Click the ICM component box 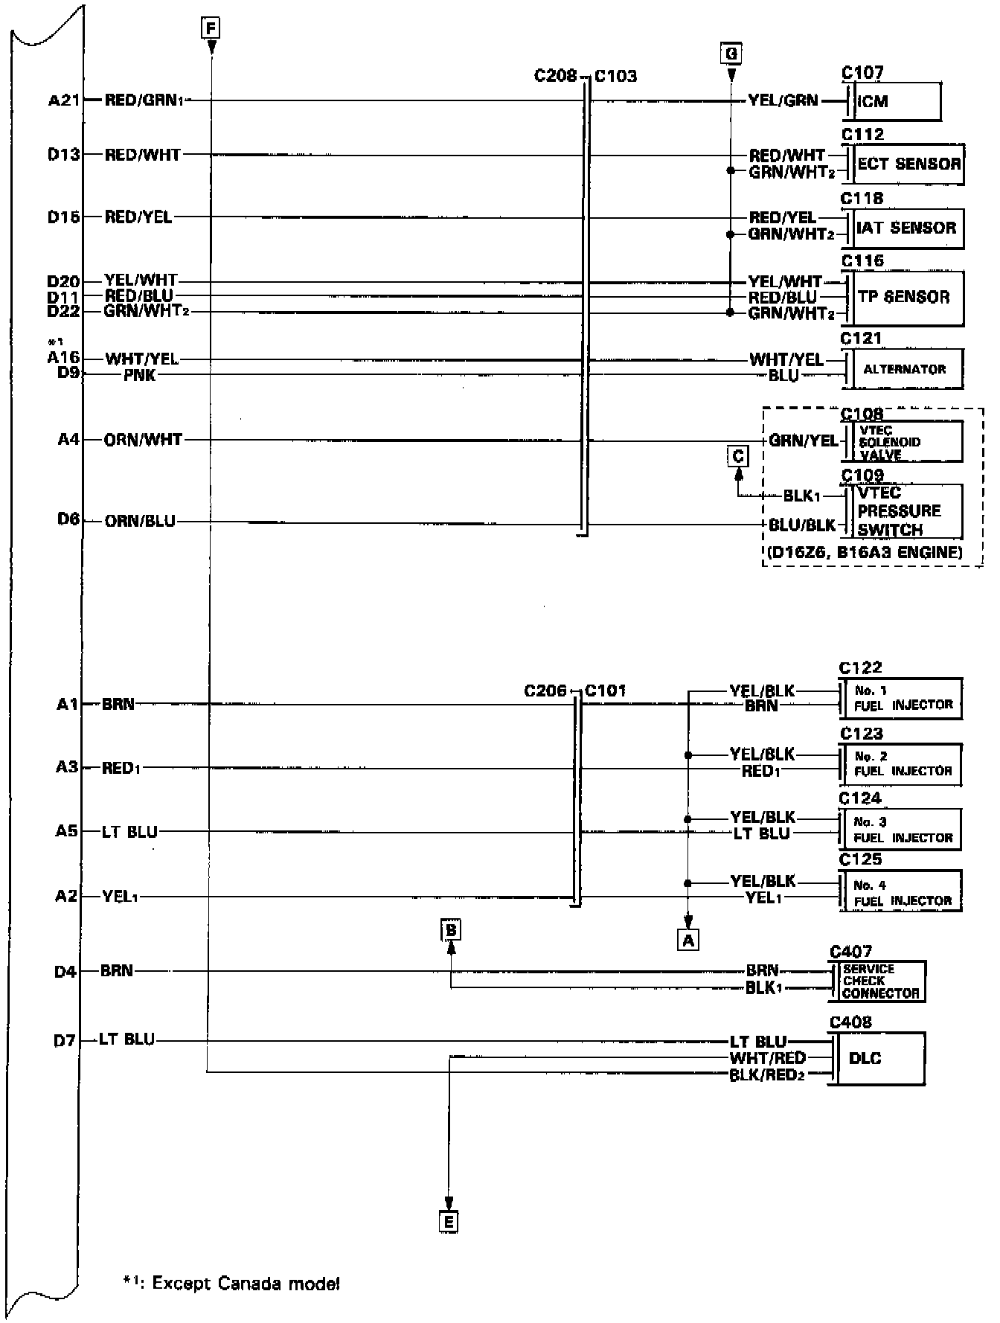(897, 101)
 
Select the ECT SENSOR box (908, 164)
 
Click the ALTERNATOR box (905, 369)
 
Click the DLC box (879, 1058)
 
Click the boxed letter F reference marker (211, 29)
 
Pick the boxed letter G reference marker (731, 54)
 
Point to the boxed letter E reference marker (448, 1222)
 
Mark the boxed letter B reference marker (450, 929)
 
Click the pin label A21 (64, 100)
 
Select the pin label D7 (65, 1040)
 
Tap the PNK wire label (140, 375)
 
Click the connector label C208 (555, 76)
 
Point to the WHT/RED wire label (768, 1057)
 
